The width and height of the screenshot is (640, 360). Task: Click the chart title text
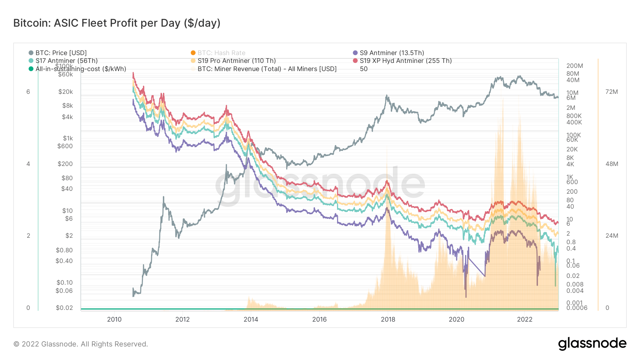click(x=117, y=23)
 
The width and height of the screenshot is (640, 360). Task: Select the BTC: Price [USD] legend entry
click(x=61, y=53)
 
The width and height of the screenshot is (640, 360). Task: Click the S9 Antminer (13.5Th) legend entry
click(x=391, y=53)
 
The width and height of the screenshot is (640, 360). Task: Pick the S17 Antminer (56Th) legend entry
click(x=66, y=61)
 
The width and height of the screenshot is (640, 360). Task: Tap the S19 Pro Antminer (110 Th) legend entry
click(x=236, y=61)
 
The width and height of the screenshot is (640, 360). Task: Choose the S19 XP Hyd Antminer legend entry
click(x=405, y=61)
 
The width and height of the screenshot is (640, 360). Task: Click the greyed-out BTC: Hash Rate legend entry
click(x=221, y=53)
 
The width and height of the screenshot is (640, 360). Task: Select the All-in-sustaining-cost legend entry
click(x=80, y=69)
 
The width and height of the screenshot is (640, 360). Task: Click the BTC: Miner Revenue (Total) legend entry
click(x=267, y=69)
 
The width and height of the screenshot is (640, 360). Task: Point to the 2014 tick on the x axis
click(x=251, y=319)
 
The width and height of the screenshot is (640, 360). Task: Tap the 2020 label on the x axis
click(x=456, y=319)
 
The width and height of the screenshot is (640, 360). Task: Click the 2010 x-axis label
click(x=114, y=319)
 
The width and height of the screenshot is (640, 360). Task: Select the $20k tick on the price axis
click(x=65, y=92)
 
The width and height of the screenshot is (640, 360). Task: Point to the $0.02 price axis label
click(x=64, y=308)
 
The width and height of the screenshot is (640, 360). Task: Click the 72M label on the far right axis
click(x=612, y=92)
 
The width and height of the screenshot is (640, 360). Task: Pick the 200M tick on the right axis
click(x=575, y=66)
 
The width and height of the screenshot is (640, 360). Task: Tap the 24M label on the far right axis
click(x=612, y=236)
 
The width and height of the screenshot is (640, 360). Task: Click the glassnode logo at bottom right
click(x=592, y=343)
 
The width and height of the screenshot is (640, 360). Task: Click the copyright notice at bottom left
click(x=81, y=344)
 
